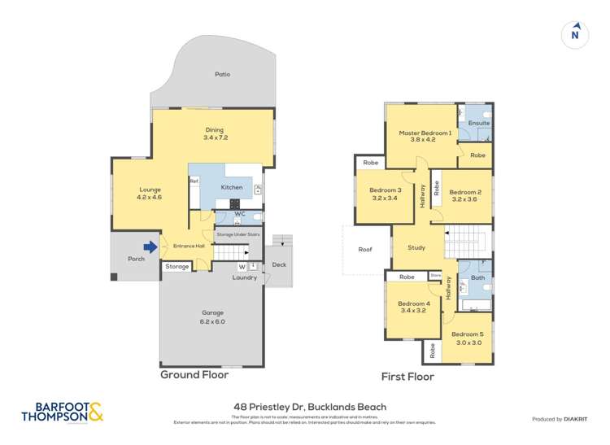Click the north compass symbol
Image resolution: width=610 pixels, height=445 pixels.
click(x=575, y=33)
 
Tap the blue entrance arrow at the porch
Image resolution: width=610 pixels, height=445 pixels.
click(x=150, y=246)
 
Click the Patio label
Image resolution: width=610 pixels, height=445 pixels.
click(x=222, y=74)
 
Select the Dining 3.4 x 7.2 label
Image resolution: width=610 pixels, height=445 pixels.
click(x=215, y=133)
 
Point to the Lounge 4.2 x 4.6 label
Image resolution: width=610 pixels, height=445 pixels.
click(x=150, y=193)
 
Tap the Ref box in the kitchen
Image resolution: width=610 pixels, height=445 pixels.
click(x=194, y=181)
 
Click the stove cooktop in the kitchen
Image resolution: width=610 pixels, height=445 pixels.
click(x=236, y=203)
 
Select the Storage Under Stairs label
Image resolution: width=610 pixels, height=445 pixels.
click(x=237, y=234)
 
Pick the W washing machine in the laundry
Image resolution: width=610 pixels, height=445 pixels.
click(x=242, y=266)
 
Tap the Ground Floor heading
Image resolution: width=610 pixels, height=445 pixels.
click(x=194, y=375)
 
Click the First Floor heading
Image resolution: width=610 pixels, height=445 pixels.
click(x=407, y=377)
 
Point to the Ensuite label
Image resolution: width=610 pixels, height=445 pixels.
click(x=478, y=123)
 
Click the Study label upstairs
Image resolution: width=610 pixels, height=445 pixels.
click(x=416, y=247)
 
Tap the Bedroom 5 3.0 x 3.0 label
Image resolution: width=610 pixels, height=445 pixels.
click(x=468, y=338)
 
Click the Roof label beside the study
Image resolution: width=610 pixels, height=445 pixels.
click(x=364, y=250)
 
